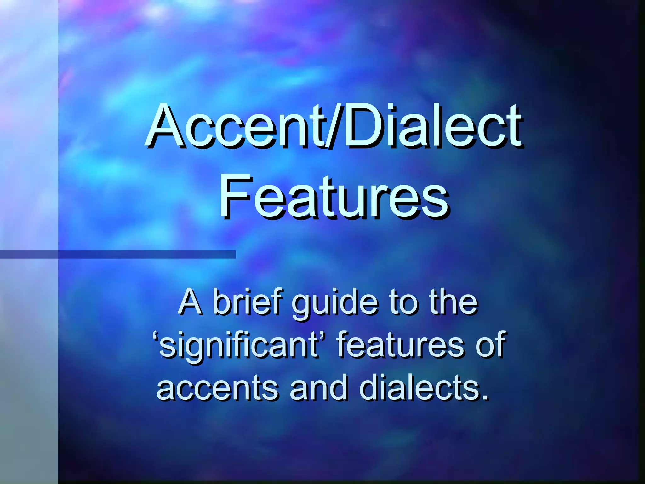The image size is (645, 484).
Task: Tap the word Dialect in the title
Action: [x=431, y=126]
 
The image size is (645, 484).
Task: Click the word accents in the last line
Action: [x=217, y=388]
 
